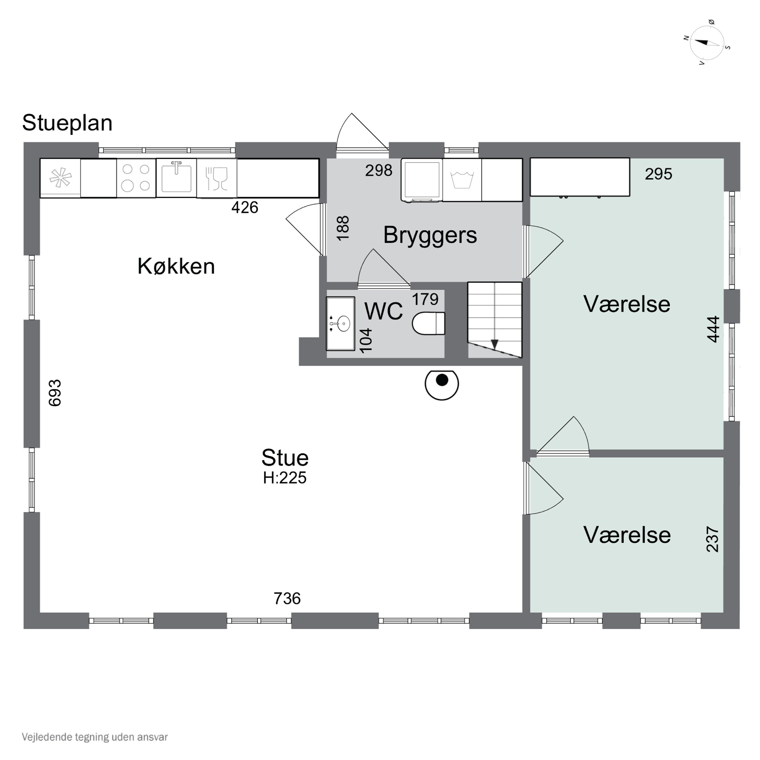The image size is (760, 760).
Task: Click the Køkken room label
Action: coord(176,266)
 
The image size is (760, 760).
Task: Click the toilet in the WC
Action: coord(428,323)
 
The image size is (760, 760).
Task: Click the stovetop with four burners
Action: coord(136,178)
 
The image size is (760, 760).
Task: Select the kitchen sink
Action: coord(176,178)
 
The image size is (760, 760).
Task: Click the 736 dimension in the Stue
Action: coord(287,599)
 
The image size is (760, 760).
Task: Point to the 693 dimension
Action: coord(55,393)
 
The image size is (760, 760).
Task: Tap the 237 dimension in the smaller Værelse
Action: coord(713,539)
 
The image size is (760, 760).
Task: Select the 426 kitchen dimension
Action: coord(245,207)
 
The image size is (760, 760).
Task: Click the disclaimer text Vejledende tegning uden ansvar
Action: coord(95,737)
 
